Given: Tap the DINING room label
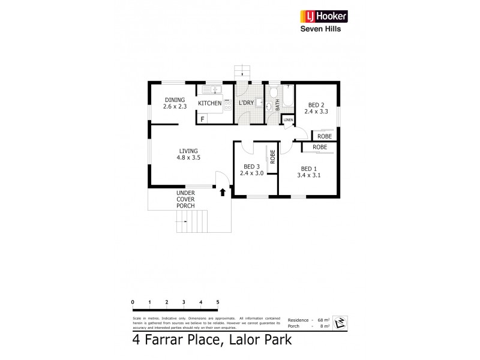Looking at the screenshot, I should [175, 100].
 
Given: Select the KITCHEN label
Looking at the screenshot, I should [210, 104].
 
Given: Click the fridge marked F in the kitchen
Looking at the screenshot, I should [203, 119].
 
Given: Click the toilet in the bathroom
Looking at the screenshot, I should [273, 92].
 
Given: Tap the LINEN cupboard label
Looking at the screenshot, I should [289, 120].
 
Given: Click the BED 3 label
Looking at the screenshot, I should [251, 167].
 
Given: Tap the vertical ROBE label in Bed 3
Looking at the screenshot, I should [272, 157].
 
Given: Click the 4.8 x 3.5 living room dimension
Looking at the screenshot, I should [188, 157].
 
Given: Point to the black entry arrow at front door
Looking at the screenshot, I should [223, 192].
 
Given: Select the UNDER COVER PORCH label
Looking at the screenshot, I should [185, 199].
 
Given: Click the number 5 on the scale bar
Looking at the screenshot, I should [218, 302].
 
